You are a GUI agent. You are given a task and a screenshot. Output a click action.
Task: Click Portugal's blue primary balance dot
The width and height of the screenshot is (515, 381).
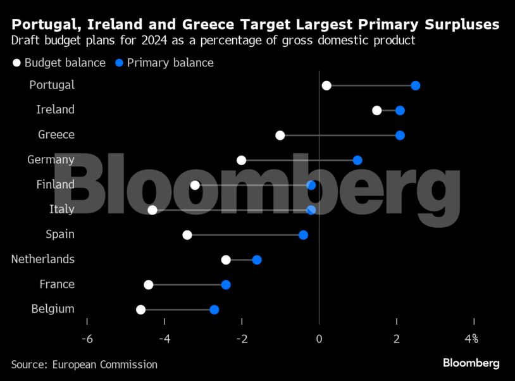click(x=416, y=86)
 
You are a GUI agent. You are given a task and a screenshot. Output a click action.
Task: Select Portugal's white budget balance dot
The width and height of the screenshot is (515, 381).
click(x=326, y=86)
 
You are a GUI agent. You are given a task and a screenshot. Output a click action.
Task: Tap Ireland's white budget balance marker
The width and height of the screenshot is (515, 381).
click(x=377, y=111)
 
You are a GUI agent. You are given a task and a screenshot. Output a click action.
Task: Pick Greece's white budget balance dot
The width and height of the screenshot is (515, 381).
click(x=280, y=135)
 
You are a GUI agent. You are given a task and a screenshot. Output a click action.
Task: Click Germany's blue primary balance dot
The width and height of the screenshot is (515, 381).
click(x=357, y=160)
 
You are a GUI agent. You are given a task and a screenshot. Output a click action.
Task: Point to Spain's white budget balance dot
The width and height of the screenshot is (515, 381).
click(x=187, y=235)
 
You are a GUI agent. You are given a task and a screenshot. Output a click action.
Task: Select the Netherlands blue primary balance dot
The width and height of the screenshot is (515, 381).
click(x=257, y=260)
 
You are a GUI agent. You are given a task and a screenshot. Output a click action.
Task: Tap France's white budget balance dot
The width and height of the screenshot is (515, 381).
click(x=149, y=285)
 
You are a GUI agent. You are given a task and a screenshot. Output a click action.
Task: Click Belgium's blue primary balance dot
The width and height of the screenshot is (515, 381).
click(x=214, y=309)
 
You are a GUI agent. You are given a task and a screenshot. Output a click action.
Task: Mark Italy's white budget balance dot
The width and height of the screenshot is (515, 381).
click(x=152, y=210)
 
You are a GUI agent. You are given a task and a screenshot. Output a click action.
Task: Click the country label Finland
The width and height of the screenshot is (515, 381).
click(x=55, y=185)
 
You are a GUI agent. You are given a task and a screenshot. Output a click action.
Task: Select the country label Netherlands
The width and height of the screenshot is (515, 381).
click(x=43, y=259)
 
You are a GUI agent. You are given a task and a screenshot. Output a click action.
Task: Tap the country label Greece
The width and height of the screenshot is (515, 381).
click(x=56, y=135)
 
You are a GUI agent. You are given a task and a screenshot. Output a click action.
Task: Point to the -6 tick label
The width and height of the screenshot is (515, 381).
click(x=87, y=339)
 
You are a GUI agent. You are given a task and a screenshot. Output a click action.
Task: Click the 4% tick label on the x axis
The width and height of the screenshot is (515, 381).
click(x=471, y=339)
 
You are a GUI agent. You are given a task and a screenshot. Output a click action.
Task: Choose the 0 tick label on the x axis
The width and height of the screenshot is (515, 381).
click(x=320, y=339)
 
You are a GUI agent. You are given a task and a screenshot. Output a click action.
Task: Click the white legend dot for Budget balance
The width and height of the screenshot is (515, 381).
click(x=16, y=63)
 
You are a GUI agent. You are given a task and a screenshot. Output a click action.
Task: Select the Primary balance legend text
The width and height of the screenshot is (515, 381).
click(x=170, y=63)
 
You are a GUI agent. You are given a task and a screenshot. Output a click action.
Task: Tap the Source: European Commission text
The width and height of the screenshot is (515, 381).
click(x=84, y=365)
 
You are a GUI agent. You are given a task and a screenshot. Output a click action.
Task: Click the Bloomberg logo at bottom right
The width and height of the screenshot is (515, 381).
click(x=471, y=363)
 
